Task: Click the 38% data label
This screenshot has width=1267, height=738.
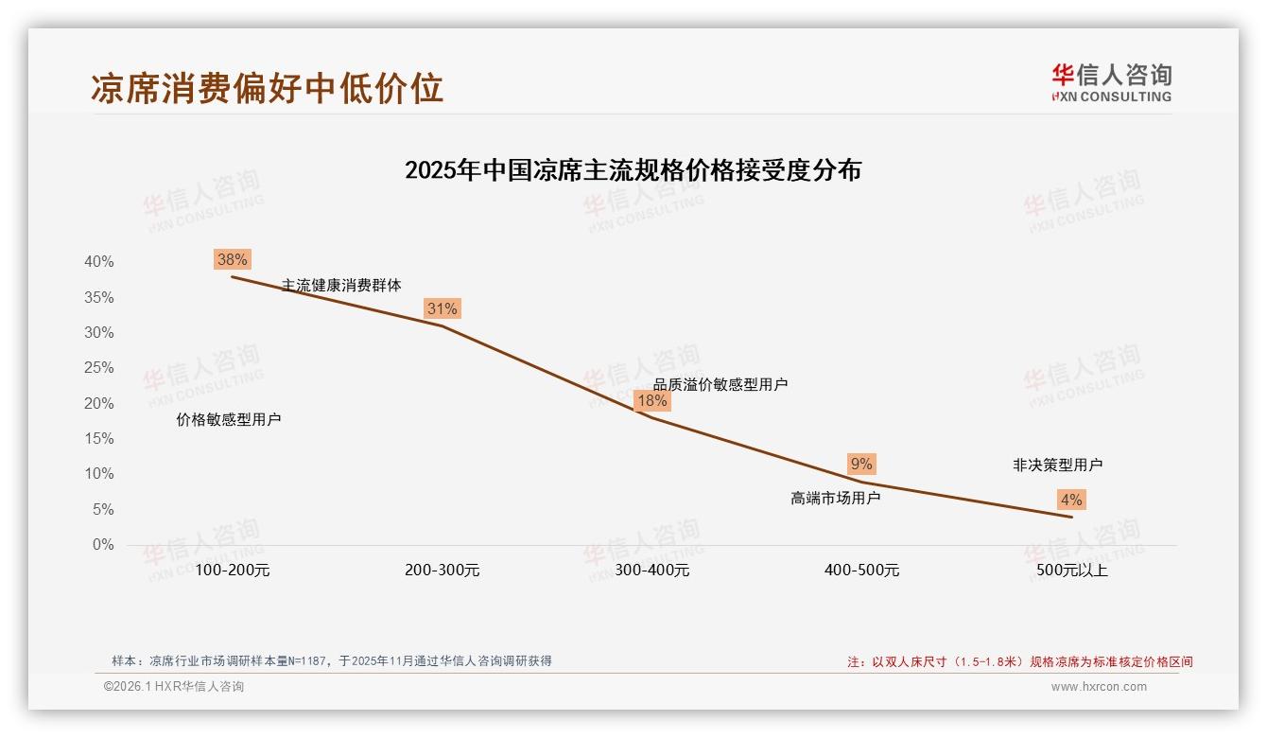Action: coord(232,259)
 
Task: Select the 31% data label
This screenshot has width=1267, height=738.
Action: coord(442,308)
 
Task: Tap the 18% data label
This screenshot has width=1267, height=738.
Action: coord(651,400)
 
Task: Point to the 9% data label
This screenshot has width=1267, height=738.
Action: coord(861,465)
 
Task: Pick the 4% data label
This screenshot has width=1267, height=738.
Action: coord(1071,500)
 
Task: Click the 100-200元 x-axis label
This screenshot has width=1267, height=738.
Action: coord(233,571)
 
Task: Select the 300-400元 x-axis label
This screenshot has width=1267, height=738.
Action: coord(651,571)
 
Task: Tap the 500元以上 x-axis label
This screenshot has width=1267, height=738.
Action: coord(1071,571)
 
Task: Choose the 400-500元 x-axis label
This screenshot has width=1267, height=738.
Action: coord(861,571)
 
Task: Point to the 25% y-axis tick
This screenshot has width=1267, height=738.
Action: coord(99,368)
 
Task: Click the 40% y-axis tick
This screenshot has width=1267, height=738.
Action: coord(99,262)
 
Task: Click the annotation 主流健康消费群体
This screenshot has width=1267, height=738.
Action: coord(341,285)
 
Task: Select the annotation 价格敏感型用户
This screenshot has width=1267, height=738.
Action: coord(229,419)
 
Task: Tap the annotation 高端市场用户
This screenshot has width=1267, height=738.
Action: coord(835,498)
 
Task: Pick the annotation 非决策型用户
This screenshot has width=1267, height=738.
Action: coord(1057,465)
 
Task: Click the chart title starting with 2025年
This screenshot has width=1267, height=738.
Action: coord(633,170)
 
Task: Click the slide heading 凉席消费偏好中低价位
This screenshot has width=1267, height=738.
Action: coord(268,88)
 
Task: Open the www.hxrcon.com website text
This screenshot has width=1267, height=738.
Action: coord(1099,687)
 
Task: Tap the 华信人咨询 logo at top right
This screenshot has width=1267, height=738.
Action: coord(1111,82)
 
